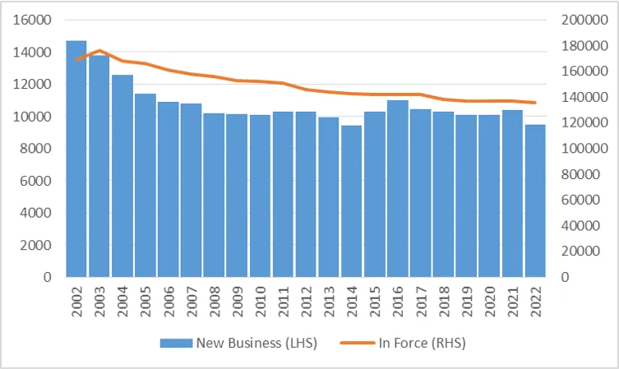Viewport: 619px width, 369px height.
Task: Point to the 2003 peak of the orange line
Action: (x=99, y=51)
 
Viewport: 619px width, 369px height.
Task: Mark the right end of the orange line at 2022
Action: (x=535, y=103)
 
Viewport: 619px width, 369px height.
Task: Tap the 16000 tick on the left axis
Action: (x=32, y=21)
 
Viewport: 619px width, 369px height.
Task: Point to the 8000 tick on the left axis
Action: (x=35, y=149)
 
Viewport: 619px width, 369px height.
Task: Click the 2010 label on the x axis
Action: (x=260, y=301)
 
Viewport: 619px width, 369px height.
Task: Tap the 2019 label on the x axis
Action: (x=466, y=301)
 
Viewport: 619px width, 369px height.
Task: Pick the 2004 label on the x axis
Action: (x=122, y=301)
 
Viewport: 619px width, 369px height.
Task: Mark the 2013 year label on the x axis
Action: (x=329, y=301)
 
